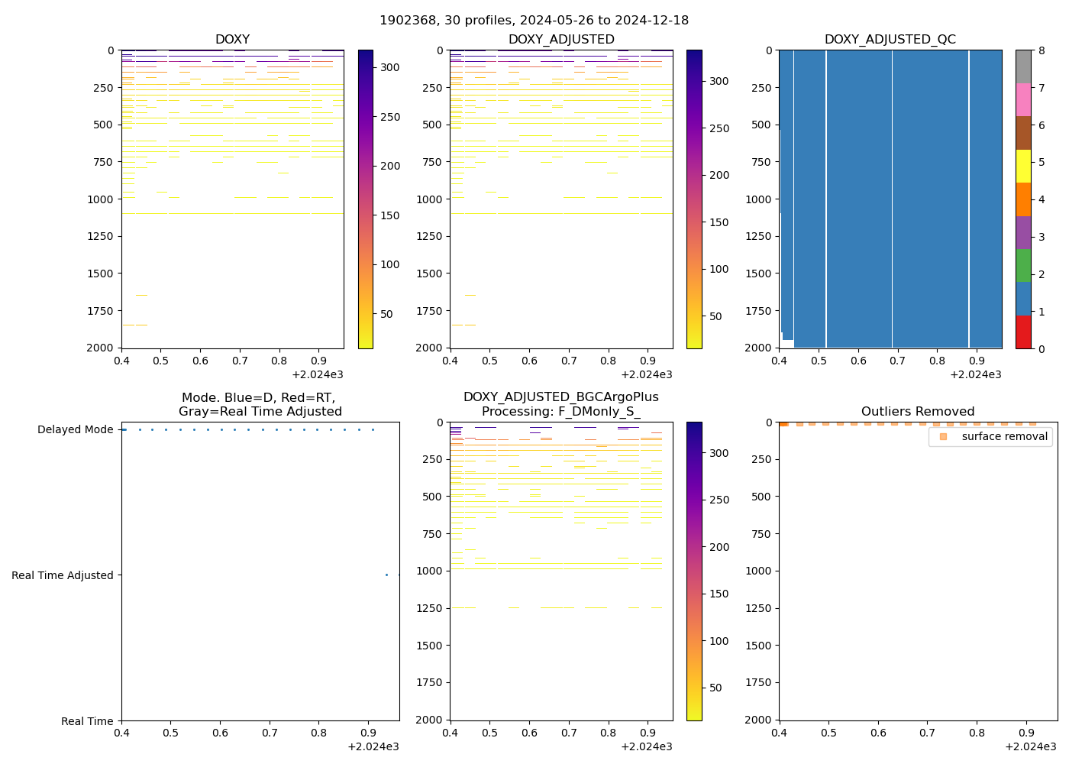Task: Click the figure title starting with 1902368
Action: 534,21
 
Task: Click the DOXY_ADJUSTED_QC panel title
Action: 890,40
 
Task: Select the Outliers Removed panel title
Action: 917,412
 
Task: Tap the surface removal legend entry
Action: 1004,436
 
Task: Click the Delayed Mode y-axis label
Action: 75,430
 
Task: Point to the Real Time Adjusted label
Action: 63,576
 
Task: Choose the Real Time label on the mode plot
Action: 87,721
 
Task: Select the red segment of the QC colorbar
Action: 1023,332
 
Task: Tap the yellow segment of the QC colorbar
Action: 1023,167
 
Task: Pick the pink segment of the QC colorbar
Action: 1023,100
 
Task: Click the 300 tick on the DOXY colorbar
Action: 390,68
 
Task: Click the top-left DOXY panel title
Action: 232,40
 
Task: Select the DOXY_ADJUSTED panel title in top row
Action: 561,40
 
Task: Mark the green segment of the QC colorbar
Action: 1023,266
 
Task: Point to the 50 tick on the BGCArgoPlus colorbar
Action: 719,688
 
